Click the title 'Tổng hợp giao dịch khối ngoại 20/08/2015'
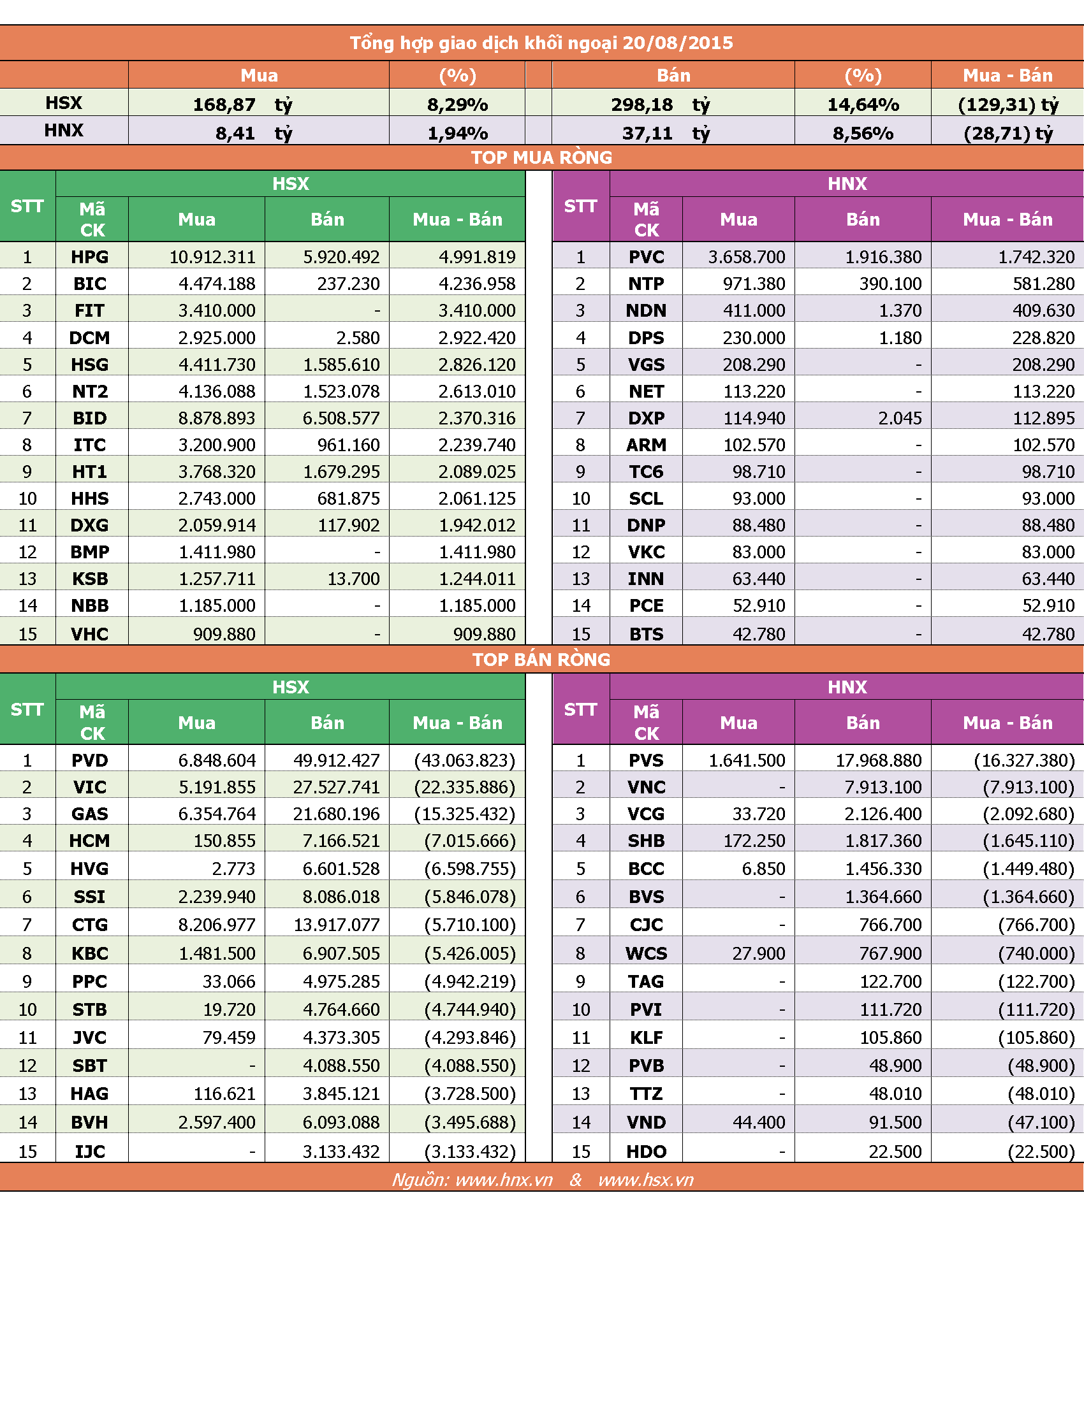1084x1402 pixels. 541,43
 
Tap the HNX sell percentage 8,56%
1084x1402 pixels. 863,134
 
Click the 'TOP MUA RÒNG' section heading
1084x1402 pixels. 541,157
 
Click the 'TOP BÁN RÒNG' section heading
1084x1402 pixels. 541,660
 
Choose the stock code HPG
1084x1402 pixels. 90,257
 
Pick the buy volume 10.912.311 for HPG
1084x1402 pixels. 212,257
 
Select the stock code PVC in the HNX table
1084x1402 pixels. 647,257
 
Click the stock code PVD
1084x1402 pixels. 90,760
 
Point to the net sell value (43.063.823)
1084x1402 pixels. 465,760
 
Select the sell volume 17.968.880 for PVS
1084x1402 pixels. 879,760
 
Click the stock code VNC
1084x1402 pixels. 647,787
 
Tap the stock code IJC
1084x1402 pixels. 90,1152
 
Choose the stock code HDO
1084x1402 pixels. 647,1152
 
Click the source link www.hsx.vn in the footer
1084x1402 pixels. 646,1180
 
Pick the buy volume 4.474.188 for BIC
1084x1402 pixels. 217,284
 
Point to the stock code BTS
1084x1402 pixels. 647,634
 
